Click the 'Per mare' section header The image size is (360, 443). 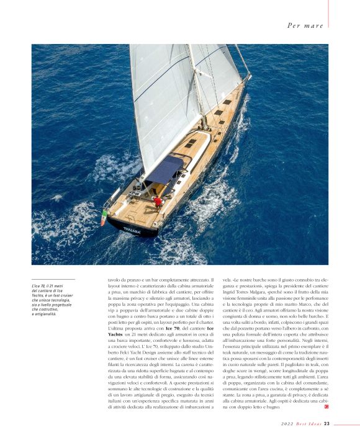click(x=305, y=25)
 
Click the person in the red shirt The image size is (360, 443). click(x=159, y=202)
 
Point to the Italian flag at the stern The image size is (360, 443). click(x=104, y=217)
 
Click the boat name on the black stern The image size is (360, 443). click(x=132, y=230)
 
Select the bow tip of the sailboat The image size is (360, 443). click(x=249, y=76)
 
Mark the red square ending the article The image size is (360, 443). click(x=326, y=407)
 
